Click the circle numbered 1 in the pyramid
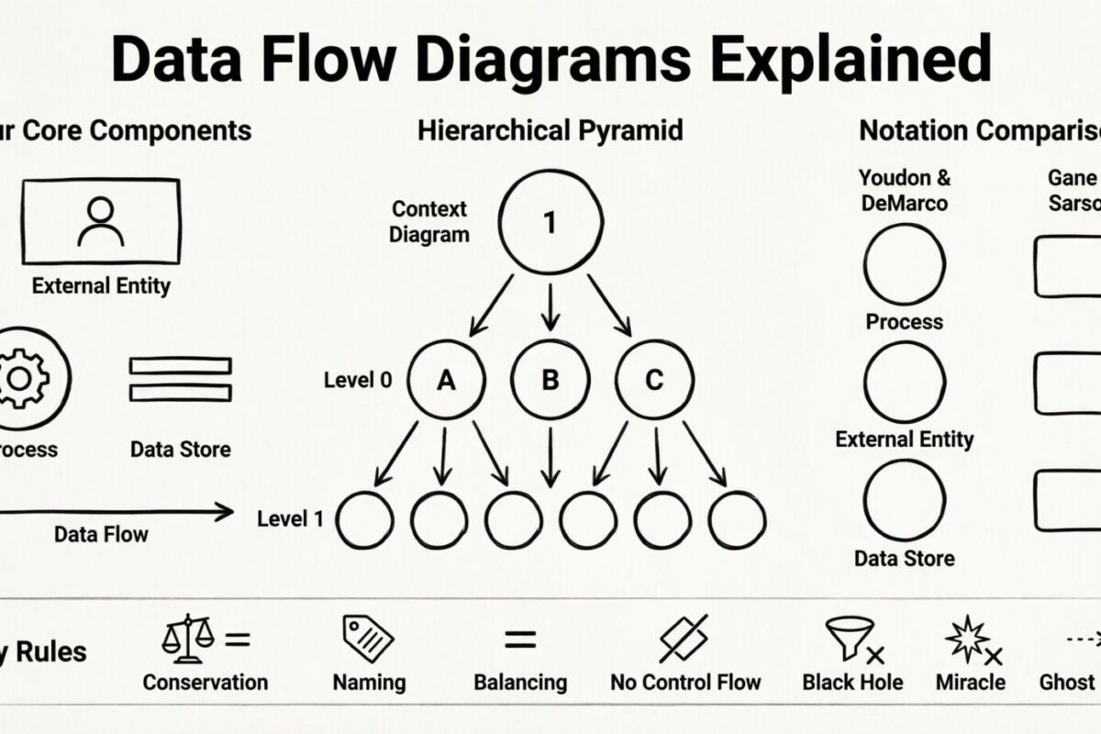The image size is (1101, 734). click(x=550, y=223)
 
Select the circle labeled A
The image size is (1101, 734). click(x=446, y=380)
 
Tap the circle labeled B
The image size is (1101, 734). click(x=550, y=380)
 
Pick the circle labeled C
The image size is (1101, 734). click(x=653, y=380)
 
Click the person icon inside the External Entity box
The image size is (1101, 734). click(x=101, y=221)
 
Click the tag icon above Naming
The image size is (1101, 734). click(x=368, y=639)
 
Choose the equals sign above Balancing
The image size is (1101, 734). click(x=520, y=639)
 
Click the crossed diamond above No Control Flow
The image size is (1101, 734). click(x=684, y=639)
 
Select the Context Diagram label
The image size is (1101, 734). click(x=429, y=222)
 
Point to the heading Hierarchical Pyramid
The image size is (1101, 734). click(x=550, y=130)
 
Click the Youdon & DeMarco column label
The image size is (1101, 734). click(x=905, y=190)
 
